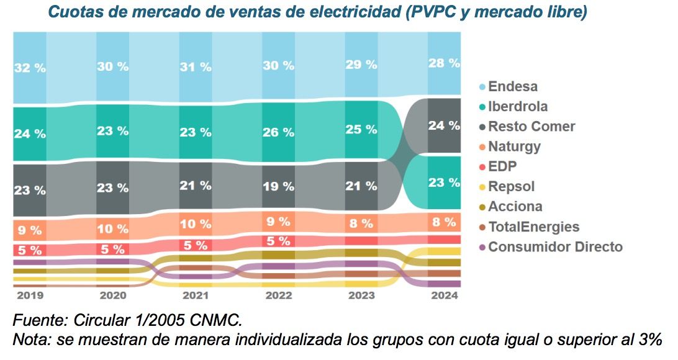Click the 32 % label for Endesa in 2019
[30, 68]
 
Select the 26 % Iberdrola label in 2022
[278, 132]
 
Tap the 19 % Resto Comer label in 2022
[278, 186]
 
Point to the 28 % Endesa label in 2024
[444, 63]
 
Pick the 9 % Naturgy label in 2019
[30, 230]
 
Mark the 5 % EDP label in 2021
[196, 245]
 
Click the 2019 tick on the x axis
[30, 295]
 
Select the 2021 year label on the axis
[196, 295]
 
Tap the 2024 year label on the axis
[444, 295]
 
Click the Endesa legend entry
[513, 86]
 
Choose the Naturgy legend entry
[514, 146]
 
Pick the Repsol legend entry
[511, 186]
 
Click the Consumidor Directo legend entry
[555, 246]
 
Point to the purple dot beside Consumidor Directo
[482, 247]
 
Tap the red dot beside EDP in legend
[482, 167]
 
